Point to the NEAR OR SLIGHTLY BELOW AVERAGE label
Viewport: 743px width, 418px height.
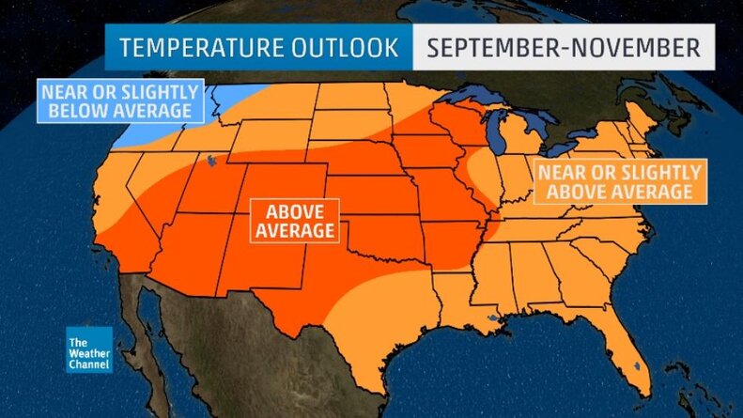tap(120, 101)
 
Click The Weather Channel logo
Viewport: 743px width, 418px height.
tap(89, 349)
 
